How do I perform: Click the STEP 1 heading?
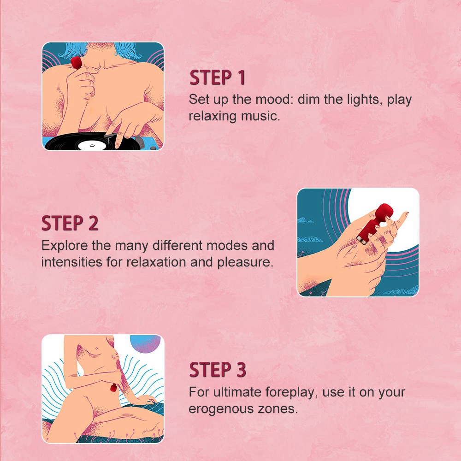coord(217,77)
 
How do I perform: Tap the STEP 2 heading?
coord(70,223)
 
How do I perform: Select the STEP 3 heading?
coord(218,370)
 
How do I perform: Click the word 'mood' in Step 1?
coord(274,100)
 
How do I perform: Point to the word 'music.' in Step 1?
coord(260,116)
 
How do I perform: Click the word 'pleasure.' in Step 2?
coord(245,263)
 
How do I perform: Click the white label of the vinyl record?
coord(92,146)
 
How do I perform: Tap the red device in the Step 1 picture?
coord(76,63)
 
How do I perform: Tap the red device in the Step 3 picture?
coord(113,388)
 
